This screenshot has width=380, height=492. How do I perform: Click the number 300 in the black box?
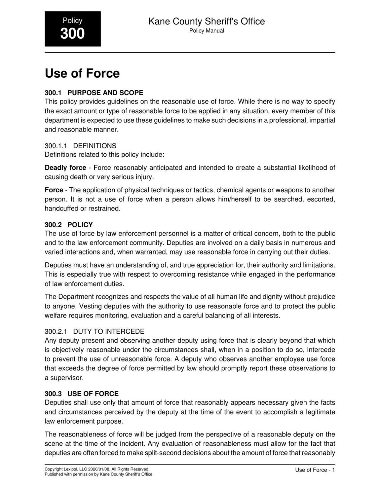(x=73, y=34)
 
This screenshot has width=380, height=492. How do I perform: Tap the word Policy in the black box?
(x=73, y=21)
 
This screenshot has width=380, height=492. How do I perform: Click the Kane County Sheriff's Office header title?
(x=206, y=22)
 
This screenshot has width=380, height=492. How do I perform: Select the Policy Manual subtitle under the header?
(x=206, y=31)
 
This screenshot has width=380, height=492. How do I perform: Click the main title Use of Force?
(x=82, y=73)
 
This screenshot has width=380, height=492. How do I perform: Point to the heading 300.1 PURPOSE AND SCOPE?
(x=94, y=93)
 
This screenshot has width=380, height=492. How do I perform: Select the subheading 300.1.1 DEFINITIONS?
(x=80, y=146)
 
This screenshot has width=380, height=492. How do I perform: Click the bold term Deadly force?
(x=65, y=168)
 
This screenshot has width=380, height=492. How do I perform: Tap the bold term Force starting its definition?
(x=54, y=190)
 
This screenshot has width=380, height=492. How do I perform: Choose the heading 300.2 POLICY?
(x=69, y=225)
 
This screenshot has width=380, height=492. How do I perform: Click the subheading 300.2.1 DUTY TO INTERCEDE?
(x=94, y=331)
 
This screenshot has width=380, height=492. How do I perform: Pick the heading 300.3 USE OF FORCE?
(x=82, y=394)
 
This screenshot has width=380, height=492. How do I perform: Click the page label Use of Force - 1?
(x=315, y=470)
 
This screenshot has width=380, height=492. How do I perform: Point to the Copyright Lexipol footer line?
(x=97, y=469)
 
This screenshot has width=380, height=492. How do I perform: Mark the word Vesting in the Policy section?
(x=90, y=306)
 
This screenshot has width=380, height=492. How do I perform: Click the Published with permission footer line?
(x=98, y=474)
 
